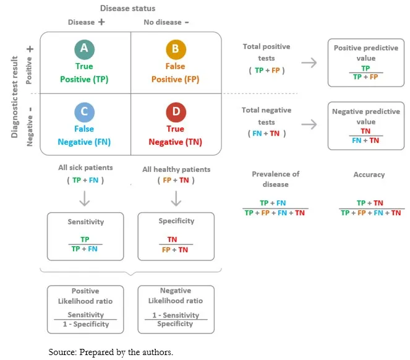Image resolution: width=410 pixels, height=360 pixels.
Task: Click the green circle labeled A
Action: [84, 49]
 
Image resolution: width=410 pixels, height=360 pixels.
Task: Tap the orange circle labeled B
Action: [175, 49]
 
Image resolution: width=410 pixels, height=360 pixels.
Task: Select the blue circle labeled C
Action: [84, 112]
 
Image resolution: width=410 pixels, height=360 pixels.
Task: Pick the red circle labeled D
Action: [175, 112]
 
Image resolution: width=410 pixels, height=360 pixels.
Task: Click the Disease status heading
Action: [128, 8]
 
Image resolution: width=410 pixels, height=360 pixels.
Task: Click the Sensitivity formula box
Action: [85, 236]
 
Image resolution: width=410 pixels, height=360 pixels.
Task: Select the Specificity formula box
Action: [176, 236]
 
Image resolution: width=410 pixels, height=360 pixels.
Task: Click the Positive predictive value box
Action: [365, 63]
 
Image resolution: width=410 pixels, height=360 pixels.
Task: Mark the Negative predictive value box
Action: [365, 126]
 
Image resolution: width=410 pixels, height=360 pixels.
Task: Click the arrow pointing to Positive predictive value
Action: [309, 62]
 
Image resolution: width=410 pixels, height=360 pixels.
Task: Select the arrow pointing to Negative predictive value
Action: [309, 124]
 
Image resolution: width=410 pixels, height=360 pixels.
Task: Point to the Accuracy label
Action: [369, 175]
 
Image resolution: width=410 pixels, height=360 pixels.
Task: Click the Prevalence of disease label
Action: [275, 179]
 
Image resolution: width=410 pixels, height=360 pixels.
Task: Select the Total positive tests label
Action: [267, 52]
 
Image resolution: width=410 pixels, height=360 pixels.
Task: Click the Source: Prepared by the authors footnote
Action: [111, 352]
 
